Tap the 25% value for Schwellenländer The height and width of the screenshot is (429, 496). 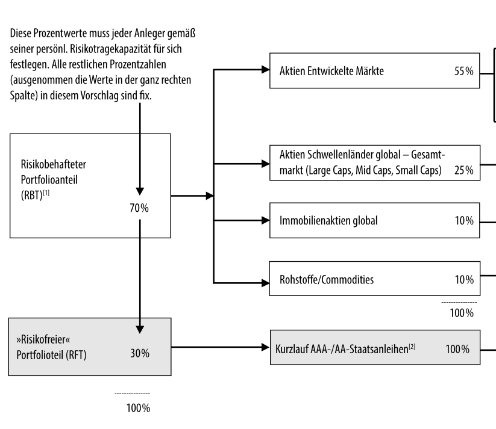click(463, 170)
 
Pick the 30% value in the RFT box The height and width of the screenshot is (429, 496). click(139, 353)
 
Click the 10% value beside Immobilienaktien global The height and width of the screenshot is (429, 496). click(464, 221)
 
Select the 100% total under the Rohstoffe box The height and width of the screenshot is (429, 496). click(462, 313)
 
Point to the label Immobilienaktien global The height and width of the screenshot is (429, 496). click(328, 221)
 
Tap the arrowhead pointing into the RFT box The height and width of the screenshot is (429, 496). click(139, 329)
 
